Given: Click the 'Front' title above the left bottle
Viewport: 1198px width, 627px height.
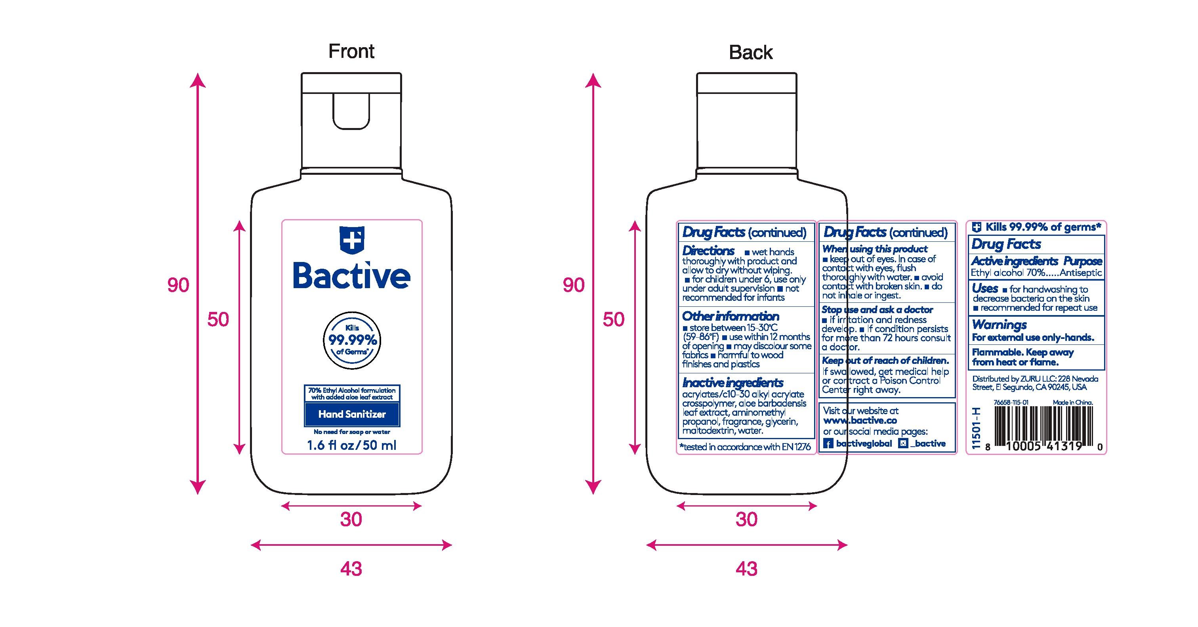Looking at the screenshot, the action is pos(351,51).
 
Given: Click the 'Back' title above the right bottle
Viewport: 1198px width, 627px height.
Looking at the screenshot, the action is pos(751,52).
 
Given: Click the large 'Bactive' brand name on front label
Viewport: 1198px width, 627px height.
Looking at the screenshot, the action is pos(351,275).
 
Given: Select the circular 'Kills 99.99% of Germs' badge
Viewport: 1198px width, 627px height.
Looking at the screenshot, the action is pos(351,340).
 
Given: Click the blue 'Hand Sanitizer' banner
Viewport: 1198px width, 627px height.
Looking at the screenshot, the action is pos(352,414).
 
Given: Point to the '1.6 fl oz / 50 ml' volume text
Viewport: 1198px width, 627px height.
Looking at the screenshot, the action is pos(351,445).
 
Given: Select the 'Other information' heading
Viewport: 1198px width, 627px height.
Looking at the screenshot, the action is pos(731,316).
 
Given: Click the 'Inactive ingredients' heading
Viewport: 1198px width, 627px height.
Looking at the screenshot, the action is pos(733,383).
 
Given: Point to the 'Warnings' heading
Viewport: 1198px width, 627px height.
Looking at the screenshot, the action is pos(1000,324).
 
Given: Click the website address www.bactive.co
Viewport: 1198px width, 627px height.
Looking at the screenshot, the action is pos(860,421).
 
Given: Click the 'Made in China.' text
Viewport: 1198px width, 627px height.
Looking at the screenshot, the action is pos(1073,402).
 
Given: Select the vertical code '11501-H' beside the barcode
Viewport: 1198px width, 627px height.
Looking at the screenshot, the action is pos(977,428).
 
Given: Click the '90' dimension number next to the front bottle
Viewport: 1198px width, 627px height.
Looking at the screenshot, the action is pos(178,285).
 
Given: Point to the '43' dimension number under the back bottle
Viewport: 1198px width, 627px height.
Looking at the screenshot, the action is pos(746,568).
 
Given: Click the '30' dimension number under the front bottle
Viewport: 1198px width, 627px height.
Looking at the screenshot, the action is pos(351,519).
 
